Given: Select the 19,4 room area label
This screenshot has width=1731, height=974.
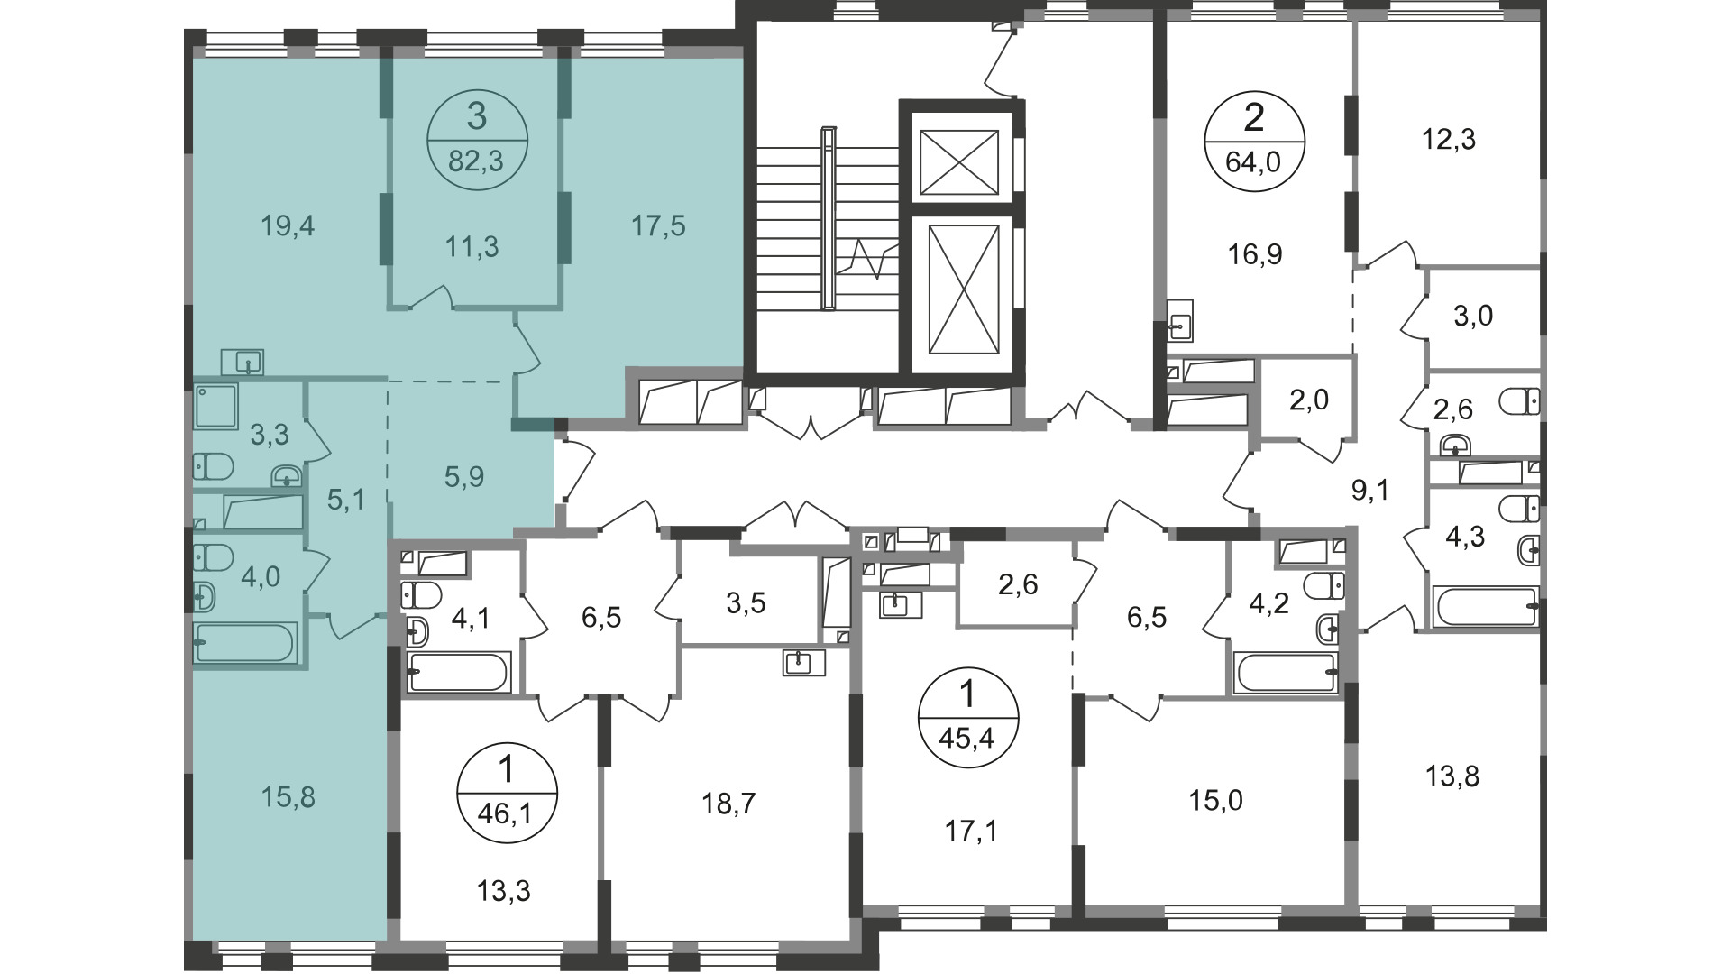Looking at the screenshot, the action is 288,226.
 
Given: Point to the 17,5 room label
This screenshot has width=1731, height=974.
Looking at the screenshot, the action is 658,226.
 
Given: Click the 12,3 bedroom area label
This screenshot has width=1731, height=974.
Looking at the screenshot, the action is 1449,140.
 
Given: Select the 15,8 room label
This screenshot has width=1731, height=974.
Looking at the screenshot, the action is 288,797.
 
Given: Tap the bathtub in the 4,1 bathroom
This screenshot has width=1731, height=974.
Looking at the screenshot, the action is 459,672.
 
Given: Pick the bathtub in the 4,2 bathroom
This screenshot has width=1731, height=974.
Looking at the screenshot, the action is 1287,673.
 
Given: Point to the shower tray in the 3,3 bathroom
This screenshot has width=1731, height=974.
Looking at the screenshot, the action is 215,405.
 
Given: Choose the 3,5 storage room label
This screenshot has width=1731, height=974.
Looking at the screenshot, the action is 746,603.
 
